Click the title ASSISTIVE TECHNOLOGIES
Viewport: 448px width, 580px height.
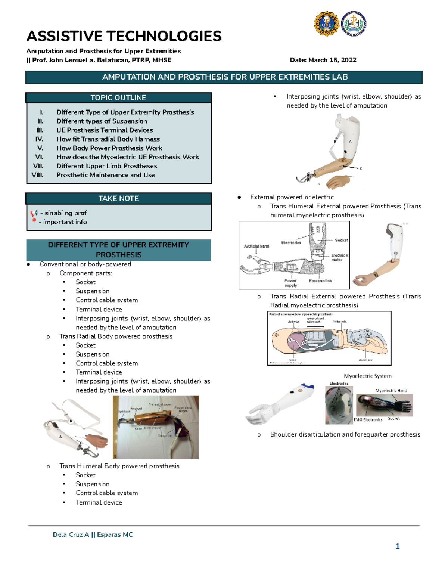pos(124,36)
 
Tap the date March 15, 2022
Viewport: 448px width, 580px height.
pos(323,60)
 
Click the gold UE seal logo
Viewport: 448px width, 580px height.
pos(326,24)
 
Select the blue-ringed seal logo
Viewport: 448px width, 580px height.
pos(354,24)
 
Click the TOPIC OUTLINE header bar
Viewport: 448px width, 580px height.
pos(118,98)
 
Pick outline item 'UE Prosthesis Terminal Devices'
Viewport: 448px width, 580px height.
pos(105,130)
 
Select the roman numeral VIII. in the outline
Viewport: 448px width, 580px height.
pos(37,175)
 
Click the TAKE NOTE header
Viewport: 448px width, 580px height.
pos(118,198)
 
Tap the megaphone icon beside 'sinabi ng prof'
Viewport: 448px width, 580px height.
pos(34,213)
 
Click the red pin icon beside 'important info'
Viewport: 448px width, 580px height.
pos(34,221)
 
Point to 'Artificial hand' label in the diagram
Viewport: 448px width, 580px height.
pos(256,246)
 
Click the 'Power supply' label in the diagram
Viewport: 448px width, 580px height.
pos(290,283)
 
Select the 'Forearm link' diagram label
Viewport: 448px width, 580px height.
pos(320,281)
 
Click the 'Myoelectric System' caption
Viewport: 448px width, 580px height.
pos(367,376)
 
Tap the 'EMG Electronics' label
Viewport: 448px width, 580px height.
pos(368,420)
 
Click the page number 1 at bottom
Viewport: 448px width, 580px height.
pos(398,546)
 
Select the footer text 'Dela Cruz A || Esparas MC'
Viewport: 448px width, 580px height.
pos(93,534)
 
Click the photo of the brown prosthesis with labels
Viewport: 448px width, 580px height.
pos(156,427)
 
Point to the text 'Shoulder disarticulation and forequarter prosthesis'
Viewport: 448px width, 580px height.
pos(345,434)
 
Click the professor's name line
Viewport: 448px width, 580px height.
pos(99,60)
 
